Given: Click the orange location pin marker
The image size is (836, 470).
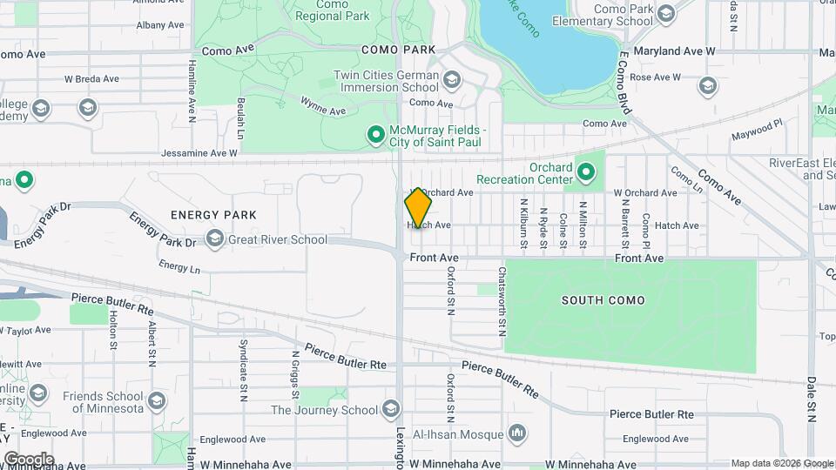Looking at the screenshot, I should point(418,208).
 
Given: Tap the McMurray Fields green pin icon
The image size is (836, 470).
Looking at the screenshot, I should point(376,134).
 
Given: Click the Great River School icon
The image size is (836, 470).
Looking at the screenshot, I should point(214,239).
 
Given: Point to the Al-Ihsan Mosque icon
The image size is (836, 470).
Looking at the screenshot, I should point(517,433).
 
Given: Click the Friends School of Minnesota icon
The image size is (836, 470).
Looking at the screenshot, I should point(157,401).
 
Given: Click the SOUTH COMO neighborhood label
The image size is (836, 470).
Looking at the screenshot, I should point(603,300).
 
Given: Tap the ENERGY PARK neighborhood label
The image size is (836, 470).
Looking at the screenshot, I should point(213,214).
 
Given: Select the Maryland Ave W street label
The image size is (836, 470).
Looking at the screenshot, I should point(674,51).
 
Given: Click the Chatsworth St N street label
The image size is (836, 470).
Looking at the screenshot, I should point(502,301).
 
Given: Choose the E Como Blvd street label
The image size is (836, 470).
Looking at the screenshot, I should point(624,80).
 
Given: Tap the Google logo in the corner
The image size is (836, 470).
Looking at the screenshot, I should point(29,459).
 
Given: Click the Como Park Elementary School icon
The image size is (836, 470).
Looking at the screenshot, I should point(666,13).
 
